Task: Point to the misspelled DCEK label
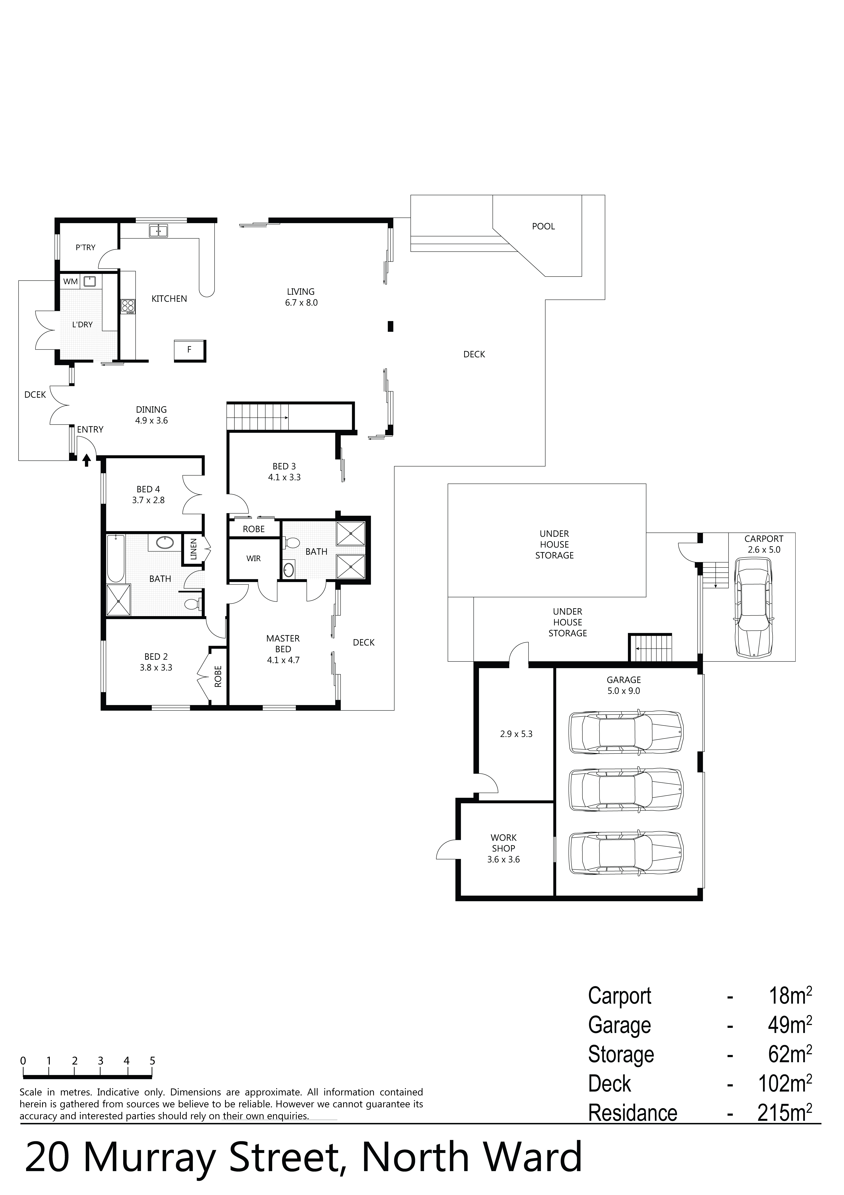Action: point(35,395)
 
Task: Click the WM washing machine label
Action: point(70,282)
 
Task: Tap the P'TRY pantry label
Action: point(85,248)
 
